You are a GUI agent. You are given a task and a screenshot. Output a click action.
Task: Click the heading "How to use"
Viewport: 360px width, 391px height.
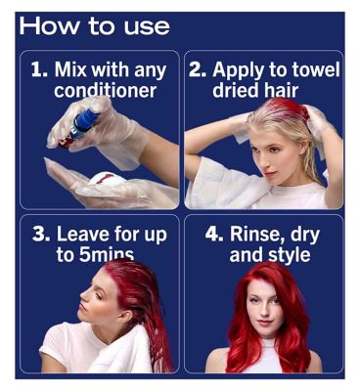pyautogui.click(x=95, y=26)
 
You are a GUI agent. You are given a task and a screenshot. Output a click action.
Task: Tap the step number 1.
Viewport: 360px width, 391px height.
pyautogui.click(x=40, y=70)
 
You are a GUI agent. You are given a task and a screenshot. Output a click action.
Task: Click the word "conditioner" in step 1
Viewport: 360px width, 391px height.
pyautogui.click(x=105, y=90)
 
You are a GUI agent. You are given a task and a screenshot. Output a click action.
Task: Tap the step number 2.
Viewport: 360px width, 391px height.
pyautogui.click(x=198, y=70)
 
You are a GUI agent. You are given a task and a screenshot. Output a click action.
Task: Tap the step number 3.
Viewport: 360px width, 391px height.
pyautogui.click(x=41, y=235)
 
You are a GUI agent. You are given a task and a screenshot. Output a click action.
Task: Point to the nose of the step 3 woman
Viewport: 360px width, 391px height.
pyautogui.click(x=82, y=295)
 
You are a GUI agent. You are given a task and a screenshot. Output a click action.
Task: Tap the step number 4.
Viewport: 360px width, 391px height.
pyautogui.click(x=214, y=235)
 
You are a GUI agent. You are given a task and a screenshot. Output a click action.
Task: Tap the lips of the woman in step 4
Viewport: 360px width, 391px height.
pyautogui.click(x=264, y=323)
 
